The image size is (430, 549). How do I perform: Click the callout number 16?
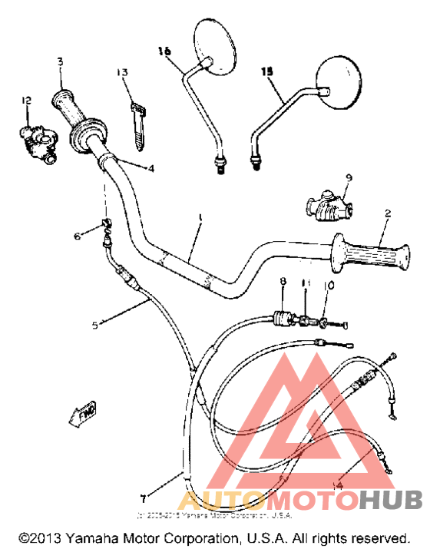164,51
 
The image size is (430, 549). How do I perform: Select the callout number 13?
122,72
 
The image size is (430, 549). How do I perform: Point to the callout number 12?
27,100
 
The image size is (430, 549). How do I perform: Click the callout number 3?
61,61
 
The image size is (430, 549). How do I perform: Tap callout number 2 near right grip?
388,213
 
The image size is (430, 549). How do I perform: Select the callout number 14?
338,485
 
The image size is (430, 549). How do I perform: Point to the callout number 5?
95,325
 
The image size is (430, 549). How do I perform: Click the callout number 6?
77,236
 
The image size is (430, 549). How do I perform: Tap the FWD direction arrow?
84,415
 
